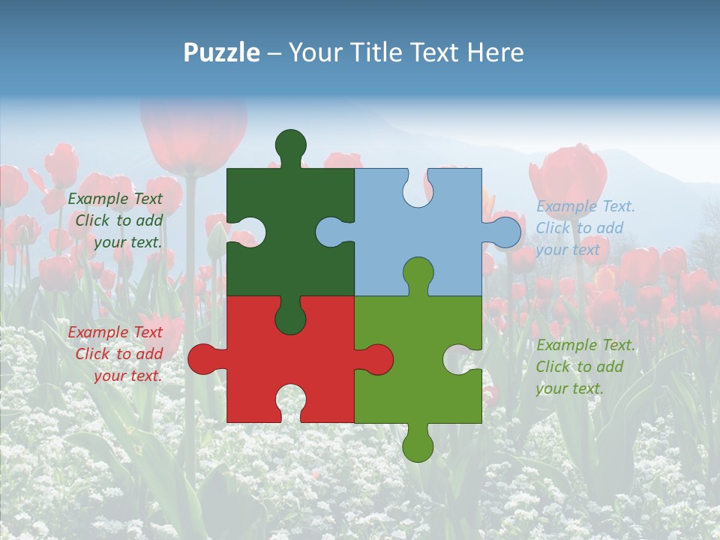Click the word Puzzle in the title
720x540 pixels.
click(x=222, y=52)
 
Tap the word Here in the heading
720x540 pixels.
click(x=495, y=52)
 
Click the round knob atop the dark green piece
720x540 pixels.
click(x=290, y=144)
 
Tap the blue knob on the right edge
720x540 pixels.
click(x=506, y=232)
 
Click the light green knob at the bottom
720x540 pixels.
click(x=418, y=447)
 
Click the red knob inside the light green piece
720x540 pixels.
click(x=377, y=358)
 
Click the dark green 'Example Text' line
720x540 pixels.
click(x=115, y=199)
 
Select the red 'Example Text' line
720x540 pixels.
click(x=115, y=332)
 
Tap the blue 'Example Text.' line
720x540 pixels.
click(x=585, y=206)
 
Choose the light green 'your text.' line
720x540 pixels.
click(x=569, y=388)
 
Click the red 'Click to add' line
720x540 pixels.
click(x=119, y=354)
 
